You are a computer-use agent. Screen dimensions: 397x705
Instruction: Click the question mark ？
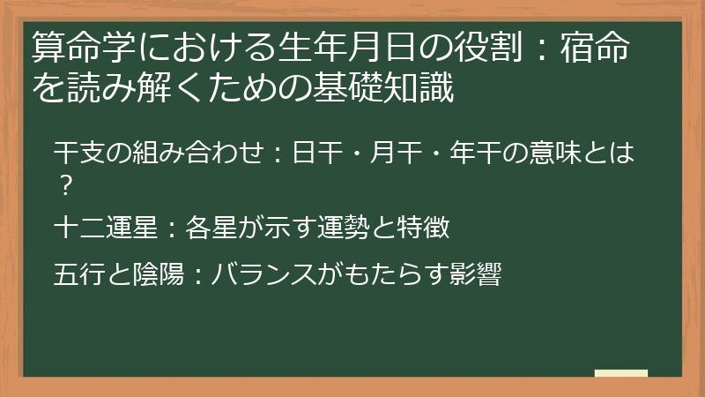63,184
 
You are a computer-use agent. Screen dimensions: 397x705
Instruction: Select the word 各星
204,228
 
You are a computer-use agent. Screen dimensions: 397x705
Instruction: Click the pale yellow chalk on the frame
620,373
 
